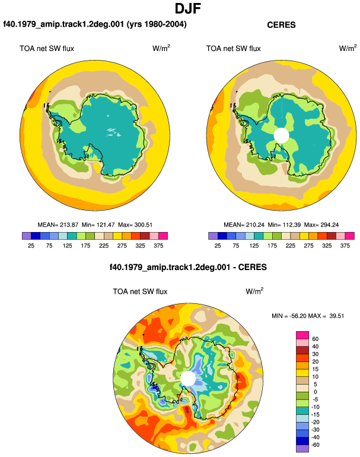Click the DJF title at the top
tap(188, 8)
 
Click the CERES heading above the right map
tap(281, 25)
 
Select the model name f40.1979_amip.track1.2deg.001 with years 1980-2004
tap(95, 24)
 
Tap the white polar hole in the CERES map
tap(281, 135)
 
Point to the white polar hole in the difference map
tap(188, 378)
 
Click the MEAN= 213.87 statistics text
tap(58, 225)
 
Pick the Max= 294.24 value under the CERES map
tap(321, 225)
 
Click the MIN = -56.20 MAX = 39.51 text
tap(308, 316)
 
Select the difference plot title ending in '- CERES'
tap(188, 267)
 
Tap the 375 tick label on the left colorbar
tap(158, 246)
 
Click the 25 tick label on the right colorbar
tap(218, 246)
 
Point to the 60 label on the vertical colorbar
tap(315, 339)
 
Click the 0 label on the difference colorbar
tap(315, 392)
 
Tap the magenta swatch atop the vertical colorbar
tap(302, 335)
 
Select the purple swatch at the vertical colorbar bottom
tap(302, 449)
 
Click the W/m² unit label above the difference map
tap(254, 291)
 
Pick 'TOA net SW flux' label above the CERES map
tap(233, 49)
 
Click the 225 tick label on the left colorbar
tap(104, 246)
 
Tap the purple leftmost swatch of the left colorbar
tap(27, 236)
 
